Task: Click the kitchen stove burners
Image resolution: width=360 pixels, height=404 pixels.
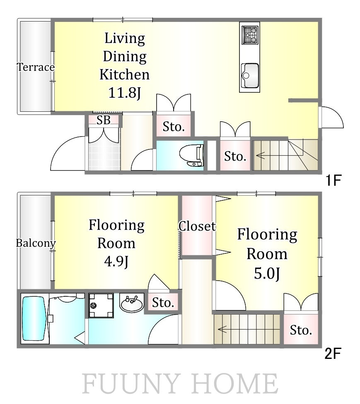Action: (x=250, y=35)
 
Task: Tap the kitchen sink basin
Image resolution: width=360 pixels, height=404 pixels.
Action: (x=250, y=75)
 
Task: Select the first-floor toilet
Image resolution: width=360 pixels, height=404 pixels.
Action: (x=192, y=155)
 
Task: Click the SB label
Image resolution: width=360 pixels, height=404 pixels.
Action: (x=104, y=120)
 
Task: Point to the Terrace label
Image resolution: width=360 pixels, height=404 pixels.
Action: (x=36, y=67)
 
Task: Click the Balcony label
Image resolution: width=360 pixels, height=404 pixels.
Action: (x=36, y=243)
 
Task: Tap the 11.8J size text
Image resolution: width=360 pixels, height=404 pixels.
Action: (x=125, y=93)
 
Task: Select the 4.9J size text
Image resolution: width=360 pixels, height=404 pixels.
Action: (x=116, y=262)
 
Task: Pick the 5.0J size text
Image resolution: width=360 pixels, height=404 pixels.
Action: (x=267, y=274)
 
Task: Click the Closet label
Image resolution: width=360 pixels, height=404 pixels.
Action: (x=197, y=226)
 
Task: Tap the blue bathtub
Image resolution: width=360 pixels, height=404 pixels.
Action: (x=34, y=318)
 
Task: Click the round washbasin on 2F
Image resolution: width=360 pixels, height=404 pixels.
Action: (x=131, y=303)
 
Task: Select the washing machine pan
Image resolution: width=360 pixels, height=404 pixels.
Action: (x=101, y=305)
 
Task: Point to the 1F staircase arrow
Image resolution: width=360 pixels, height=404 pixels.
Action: (x=261, y=156)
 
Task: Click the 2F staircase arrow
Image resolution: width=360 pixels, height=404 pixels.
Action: (x=222, y=329)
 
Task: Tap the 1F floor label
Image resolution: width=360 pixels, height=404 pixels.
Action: (x=333, y=180)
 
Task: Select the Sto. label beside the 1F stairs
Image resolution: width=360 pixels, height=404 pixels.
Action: (x=235, y=156)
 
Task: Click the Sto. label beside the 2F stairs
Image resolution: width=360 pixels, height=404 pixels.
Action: (x=301, y=330)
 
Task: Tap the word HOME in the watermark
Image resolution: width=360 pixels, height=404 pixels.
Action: (x=234, y=384)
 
